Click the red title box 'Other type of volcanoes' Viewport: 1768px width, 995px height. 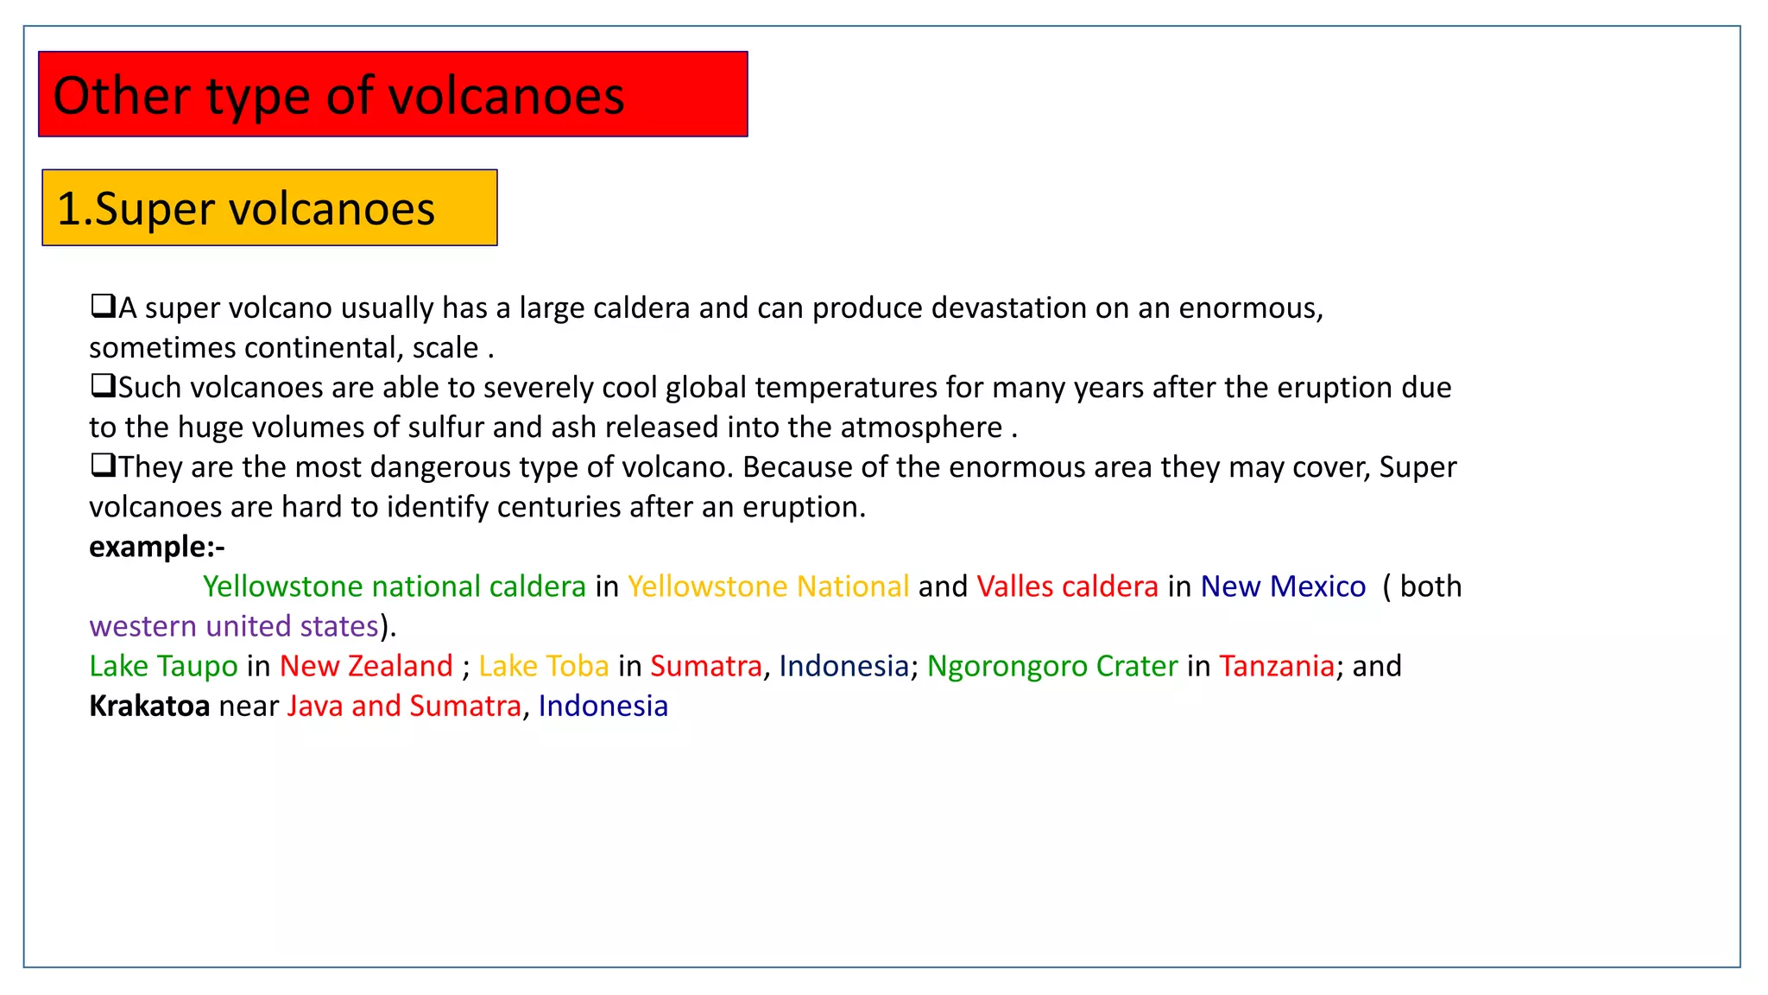(393, 94)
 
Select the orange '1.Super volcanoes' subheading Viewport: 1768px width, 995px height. (269, 208)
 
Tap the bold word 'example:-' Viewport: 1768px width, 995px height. (156, 547)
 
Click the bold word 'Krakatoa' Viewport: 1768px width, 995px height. (149, 707)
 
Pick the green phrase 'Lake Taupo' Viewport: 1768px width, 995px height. (163, 666)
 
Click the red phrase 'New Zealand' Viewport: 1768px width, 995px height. (366, 666)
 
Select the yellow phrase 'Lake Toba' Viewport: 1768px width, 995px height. (544, 666)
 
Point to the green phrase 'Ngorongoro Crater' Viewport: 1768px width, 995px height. (1052, 666)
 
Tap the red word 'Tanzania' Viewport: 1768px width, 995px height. (1277, 666)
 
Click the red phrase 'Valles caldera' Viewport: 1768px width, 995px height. (1067, 586)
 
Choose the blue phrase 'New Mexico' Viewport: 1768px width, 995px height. (1283, 586)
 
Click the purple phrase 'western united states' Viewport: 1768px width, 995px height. (234, 626)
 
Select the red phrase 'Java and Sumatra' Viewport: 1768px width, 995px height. (404, 707)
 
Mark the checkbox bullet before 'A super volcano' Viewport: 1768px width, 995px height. (103, 306)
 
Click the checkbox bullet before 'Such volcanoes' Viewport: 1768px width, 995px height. (103, 385)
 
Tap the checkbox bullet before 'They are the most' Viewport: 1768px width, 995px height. (103, 465)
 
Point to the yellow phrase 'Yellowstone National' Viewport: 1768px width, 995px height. (768, 586)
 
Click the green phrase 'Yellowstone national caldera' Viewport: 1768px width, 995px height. (395, 586)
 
